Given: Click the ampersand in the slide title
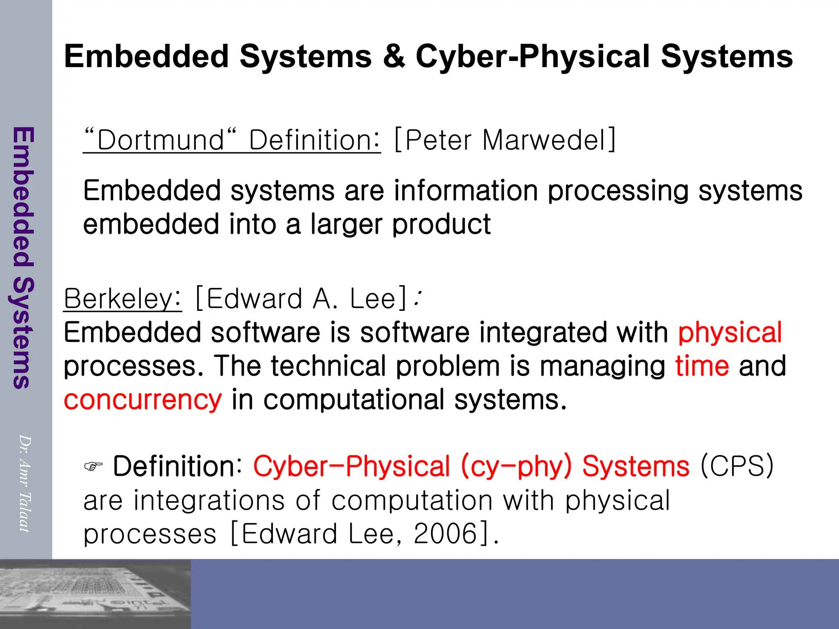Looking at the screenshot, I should [394, 57].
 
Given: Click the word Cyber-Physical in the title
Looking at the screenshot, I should [533, 57].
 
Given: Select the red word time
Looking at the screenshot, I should [702, 366].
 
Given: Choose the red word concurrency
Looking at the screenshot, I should [143, 400].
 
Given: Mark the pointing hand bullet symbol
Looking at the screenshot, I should [93, 466].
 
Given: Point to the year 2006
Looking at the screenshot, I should [445, 534].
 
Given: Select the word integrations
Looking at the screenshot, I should [209, 500].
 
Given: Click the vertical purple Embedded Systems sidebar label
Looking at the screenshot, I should [23, 258].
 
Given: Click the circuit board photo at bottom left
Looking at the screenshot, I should [95, 594].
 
